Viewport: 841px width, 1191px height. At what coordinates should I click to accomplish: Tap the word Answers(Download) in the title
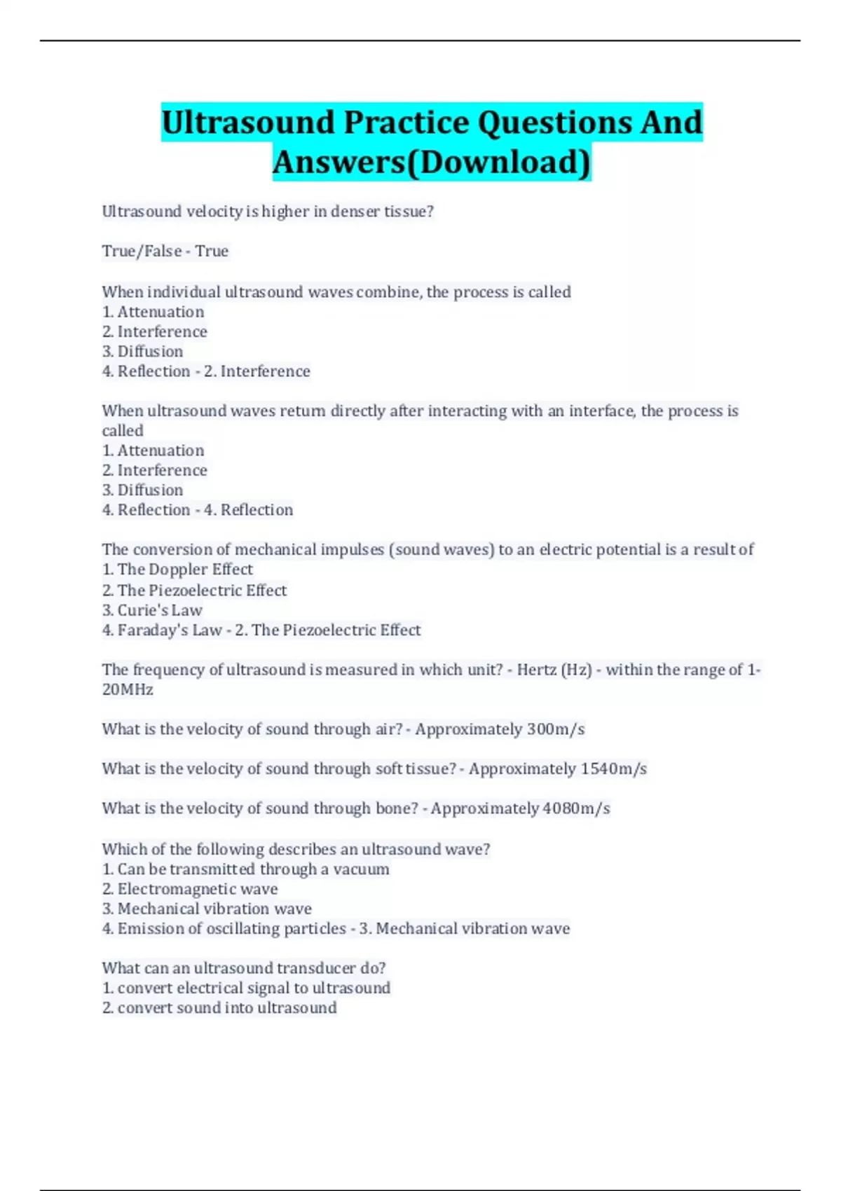(432, 162)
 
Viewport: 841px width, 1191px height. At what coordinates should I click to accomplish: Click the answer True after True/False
(212, 252)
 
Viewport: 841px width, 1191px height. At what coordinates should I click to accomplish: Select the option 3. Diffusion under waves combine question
(143, 352)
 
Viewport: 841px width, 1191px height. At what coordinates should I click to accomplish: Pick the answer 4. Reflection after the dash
(249, 510)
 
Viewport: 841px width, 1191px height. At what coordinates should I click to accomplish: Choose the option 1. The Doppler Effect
(177, 570)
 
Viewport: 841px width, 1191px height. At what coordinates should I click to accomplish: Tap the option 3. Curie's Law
(152, 610)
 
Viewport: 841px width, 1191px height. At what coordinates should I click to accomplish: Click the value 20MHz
(128, 690)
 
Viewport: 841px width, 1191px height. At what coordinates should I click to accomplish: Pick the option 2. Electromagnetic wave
(190, 889)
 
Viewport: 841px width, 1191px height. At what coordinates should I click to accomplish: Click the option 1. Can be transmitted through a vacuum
(245, 869)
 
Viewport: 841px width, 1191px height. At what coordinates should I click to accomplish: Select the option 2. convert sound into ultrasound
(219, 1008)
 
